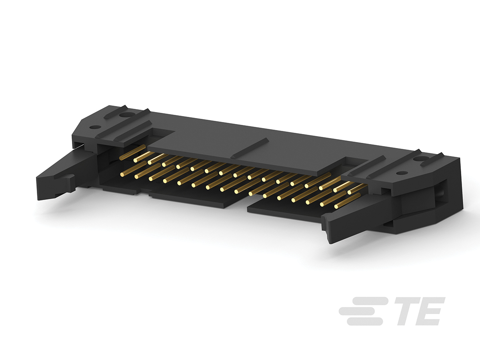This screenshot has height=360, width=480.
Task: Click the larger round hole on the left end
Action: (x=127, y=115)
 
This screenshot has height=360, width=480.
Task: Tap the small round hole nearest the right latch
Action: (x=402, y=173)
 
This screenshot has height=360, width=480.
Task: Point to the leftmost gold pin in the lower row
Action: (x=129, y=172)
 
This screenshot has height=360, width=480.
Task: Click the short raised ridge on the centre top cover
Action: (x=250, y=148)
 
